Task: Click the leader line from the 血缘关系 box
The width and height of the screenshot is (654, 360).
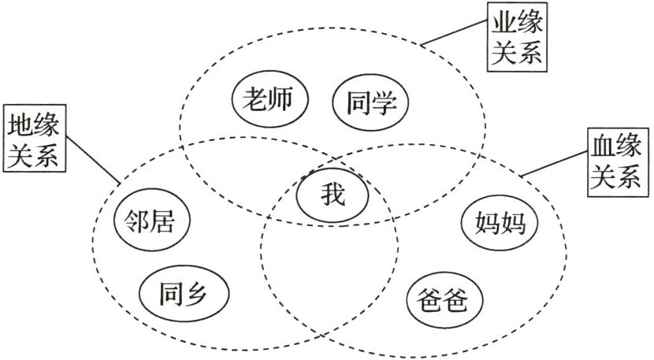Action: [x=552, y=161]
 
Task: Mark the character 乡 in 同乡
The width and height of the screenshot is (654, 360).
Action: [x=200, y=294]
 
